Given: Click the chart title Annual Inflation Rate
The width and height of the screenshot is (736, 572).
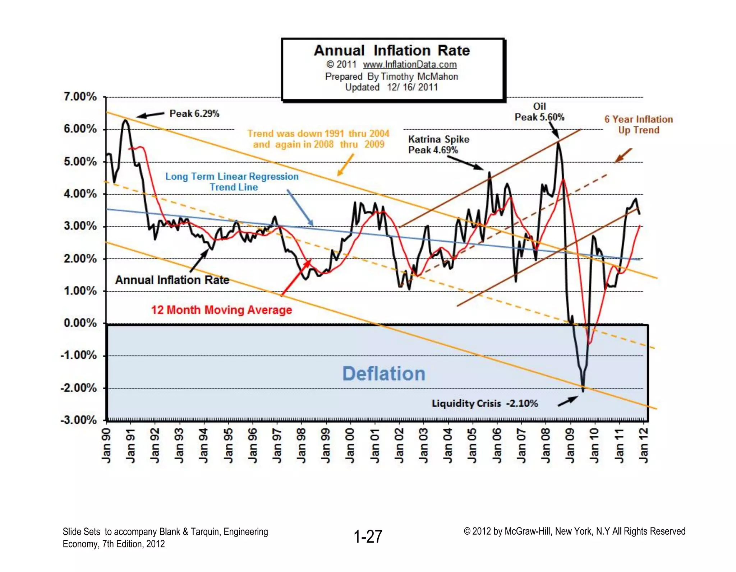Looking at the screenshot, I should coord(392,51).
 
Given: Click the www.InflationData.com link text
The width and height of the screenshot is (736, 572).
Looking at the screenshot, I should coord(410,65).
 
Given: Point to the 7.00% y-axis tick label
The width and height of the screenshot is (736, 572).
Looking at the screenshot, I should coord(80,97).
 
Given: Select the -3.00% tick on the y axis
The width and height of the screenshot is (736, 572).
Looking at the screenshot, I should coord(79,420).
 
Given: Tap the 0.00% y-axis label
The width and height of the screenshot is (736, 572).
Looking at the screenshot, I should coord(80,323).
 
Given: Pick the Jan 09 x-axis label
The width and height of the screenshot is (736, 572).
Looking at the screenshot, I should coord(570,446).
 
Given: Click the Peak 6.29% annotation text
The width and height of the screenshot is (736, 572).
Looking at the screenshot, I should coord(194,114).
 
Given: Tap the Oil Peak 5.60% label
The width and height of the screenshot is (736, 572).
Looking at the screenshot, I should coord(539,112).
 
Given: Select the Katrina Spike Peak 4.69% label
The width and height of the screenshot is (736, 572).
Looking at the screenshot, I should coord(438,144).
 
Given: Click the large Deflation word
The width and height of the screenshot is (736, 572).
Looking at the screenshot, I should coord(384,373).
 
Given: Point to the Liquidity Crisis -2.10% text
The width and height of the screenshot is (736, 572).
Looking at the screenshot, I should coord(485,404).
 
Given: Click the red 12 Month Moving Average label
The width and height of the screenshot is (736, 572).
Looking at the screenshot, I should coord(221,310).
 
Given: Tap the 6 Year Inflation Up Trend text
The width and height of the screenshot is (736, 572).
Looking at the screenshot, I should coord(639,125).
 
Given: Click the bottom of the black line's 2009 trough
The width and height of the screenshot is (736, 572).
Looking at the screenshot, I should coord(583,390).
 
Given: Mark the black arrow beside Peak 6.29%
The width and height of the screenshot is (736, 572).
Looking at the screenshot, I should coord(150,115).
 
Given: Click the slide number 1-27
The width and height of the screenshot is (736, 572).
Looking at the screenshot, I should coord(368,537).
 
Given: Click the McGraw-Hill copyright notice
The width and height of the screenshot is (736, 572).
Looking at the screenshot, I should coord(574,531).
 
